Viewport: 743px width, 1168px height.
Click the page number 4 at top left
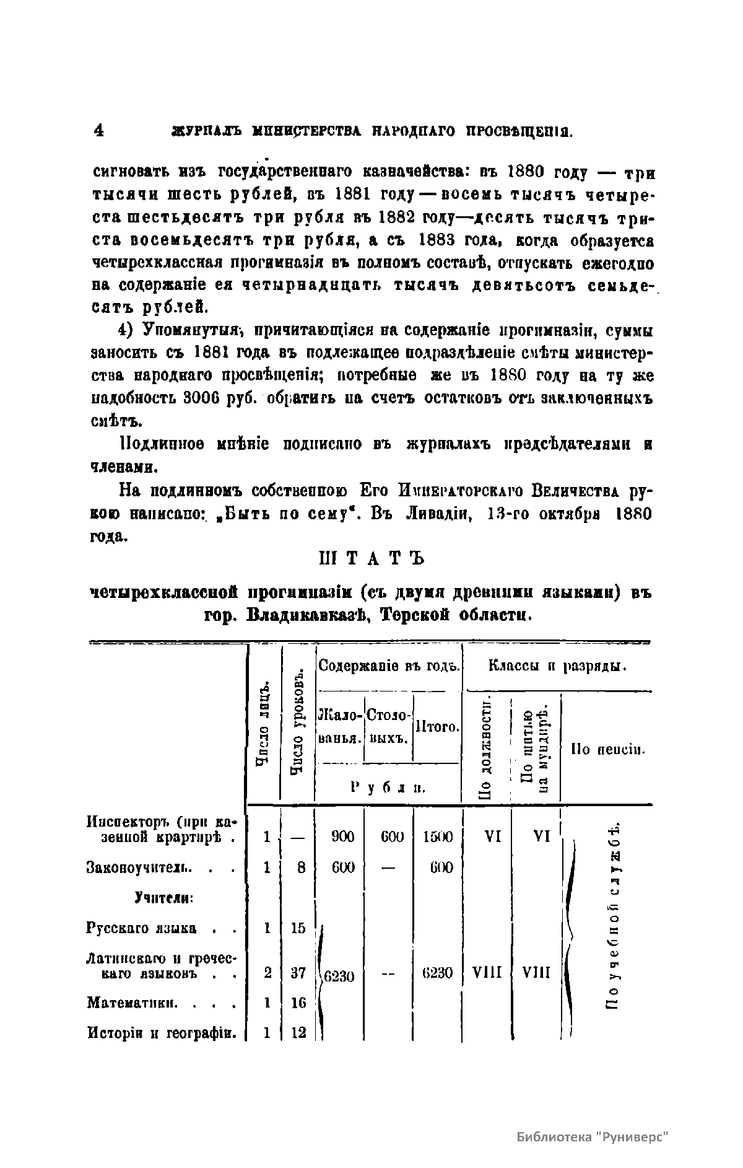tap(98, 131)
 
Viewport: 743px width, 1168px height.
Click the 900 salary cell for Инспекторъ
tap(342, 837)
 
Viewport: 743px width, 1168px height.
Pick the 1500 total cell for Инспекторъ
tap(438, 837)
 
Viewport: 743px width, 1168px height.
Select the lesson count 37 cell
tap(299, 973)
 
